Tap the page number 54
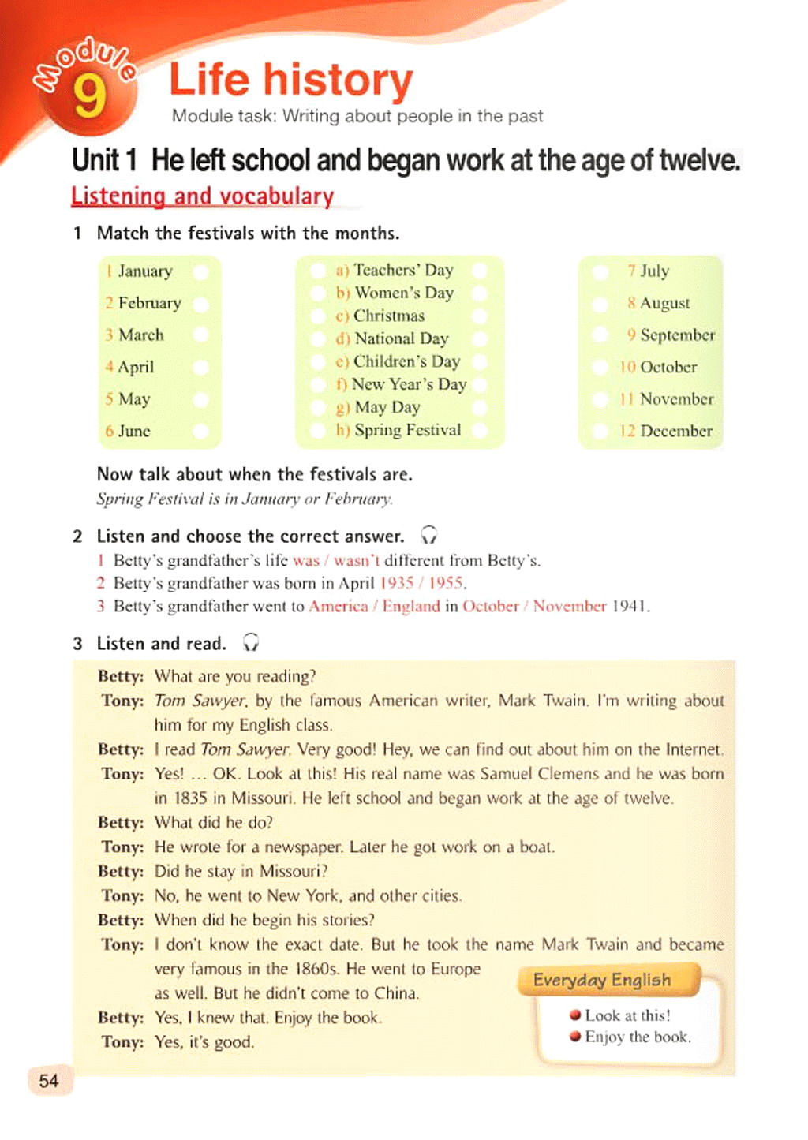[49, 1080]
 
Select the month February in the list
[149, 303]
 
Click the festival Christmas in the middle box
[388, 316]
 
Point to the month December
[675, 431]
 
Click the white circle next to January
[201, 271]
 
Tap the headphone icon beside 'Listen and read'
[251, 643]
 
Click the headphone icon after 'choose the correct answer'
[428, 536]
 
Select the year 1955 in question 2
[447, 583]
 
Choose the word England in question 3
[410, 606]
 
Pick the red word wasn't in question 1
[356, 560]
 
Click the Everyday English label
[602, 980]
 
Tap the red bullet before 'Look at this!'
[575, 1015]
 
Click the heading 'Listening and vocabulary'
[202, 196]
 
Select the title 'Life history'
[291, 80]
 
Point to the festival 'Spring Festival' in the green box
[407, 430]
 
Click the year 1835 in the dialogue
[190, 798]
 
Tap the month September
[677, 335]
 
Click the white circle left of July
[600, 271]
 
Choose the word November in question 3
[569, 606]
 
